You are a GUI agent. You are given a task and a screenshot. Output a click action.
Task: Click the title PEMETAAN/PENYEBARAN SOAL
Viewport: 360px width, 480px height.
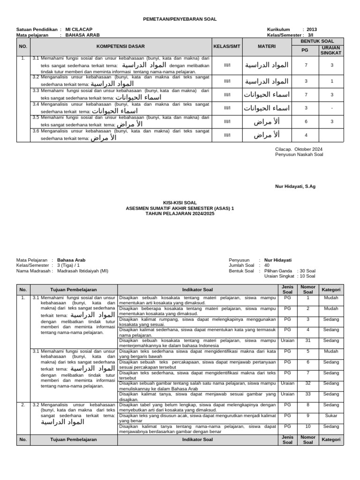click(180, 19)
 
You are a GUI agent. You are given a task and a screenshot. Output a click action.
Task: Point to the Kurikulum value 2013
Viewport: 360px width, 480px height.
click(312, 29)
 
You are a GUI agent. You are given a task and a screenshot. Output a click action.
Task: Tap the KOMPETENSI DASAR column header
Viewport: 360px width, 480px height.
click(120, 46)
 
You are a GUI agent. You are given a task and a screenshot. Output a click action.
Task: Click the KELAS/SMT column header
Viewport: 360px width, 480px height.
click(227, 46)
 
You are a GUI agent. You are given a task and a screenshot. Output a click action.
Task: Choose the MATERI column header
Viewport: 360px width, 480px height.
click(266, 46)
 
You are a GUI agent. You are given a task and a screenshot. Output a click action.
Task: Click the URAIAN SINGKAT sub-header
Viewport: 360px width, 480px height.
click(331, 51)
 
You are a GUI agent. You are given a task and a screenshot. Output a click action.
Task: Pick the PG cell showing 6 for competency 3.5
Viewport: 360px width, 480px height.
click(306, 121)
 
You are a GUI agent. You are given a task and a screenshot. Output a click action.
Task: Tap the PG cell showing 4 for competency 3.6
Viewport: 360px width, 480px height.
click(306, 135)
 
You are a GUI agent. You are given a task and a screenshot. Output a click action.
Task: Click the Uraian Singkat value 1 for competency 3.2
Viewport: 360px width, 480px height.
click(332, 81)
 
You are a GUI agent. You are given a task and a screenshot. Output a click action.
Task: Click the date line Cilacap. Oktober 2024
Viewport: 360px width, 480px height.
click(299, 149)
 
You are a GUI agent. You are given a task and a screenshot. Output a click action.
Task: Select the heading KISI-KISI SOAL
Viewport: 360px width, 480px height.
click(180, 203)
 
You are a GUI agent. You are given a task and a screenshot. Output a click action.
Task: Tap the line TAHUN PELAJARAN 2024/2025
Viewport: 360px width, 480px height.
click(180, 213)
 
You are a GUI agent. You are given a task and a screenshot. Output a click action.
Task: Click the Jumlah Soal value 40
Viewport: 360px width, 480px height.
click(267, 265)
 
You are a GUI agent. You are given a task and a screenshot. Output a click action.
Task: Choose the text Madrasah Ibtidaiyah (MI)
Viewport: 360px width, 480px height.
click(82, 270)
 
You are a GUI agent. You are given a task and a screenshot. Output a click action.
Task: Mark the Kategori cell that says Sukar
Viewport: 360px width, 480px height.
click(331, 415)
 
